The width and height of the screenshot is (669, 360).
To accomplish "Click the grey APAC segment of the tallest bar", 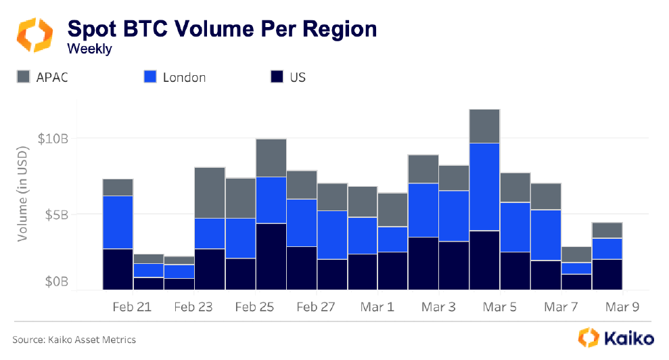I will [x=484, y=126].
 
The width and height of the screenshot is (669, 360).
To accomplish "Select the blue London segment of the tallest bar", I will [x=484, y=187].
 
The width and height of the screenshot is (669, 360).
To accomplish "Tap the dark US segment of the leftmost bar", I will [x=118, y=269].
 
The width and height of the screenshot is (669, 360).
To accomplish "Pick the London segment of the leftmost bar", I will [x=118, y=222].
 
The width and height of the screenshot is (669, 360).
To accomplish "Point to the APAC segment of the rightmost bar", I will [x=607, y=230].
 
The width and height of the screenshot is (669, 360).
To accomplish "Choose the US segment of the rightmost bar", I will [x=607, y=274].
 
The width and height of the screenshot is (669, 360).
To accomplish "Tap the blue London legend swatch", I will [x=150, y=77].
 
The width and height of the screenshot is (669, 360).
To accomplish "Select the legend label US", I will [x=298, y=77].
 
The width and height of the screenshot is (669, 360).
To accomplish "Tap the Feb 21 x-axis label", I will [x=132, y=307].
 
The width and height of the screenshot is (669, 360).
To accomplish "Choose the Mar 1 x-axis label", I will [x=377, y=307].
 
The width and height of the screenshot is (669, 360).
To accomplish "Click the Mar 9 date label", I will [x=622, y=307].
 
